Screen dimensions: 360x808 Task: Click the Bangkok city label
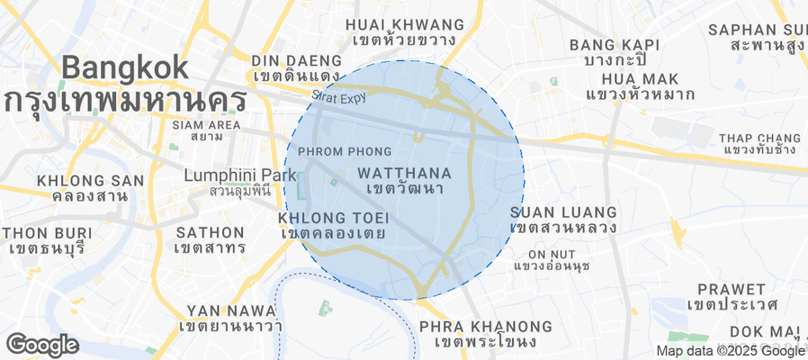point(126,67)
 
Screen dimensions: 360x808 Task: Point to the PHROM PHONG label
point(344,151)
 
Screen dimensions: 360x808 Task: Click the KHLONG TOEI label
point(333,218)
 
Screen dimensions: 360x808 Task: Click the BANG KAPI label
point(615,44)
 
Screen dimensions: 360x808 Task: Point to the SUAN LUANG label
point(563,211)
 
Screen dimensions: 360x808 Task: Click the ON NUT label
point(551,255)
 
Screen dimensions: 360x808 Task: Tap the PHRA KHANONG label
point(485,326)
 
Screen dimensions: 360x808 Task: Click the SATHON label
point(210,232)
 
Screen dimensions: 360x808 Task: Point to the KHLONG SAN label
point(90,181)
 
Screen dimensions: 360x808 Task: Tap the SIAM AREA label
point(206,124)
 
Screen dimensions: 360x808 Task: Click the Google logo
point(41,344)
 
